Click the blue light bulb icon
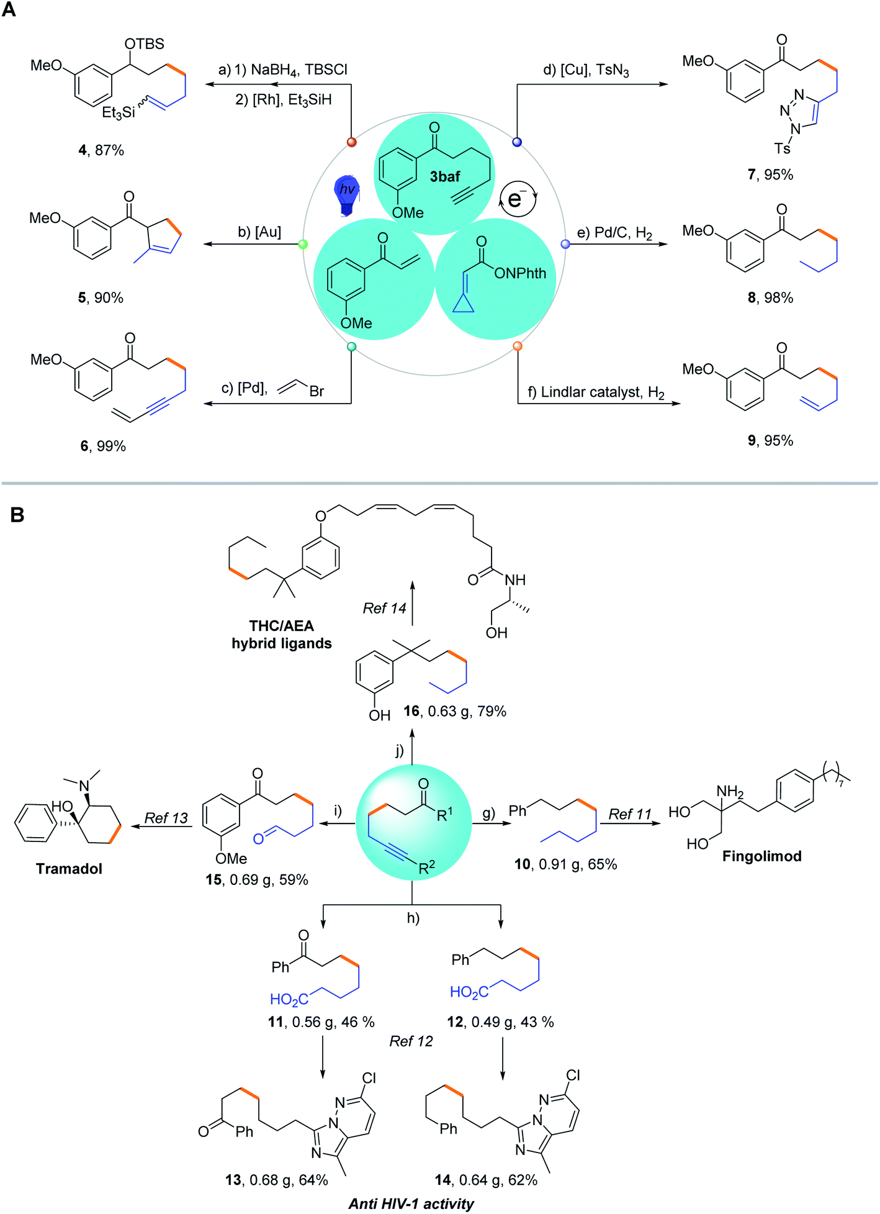(347, 195)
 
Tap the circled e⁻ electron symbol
(517, 199)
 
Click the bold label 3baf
(445, 177)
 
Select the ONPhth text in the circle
(520, 273)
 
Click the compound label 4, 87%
(101, 150)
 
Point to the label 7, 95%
(770, 174)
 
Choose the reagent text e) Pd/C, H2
(614, 233)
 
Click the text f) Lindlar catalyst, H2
(596, 392)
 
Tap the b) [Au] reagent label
(259, 232)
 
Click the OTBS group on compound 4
(144, 43)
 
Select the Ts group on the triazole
(782, 148)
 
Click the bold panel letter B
(17, 515)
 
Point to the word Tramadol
(69, 869)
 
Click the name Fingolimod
(761, 856)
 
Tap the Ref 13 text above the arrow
(166, 818)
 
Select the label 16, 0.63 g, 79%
(455, 712)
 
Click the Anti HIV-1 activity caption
(411, 1203)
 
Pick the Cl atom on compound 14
(573, 1075)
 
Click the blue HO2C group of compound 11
(289, 999)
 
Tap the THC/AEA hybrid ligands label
(282, 635)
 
